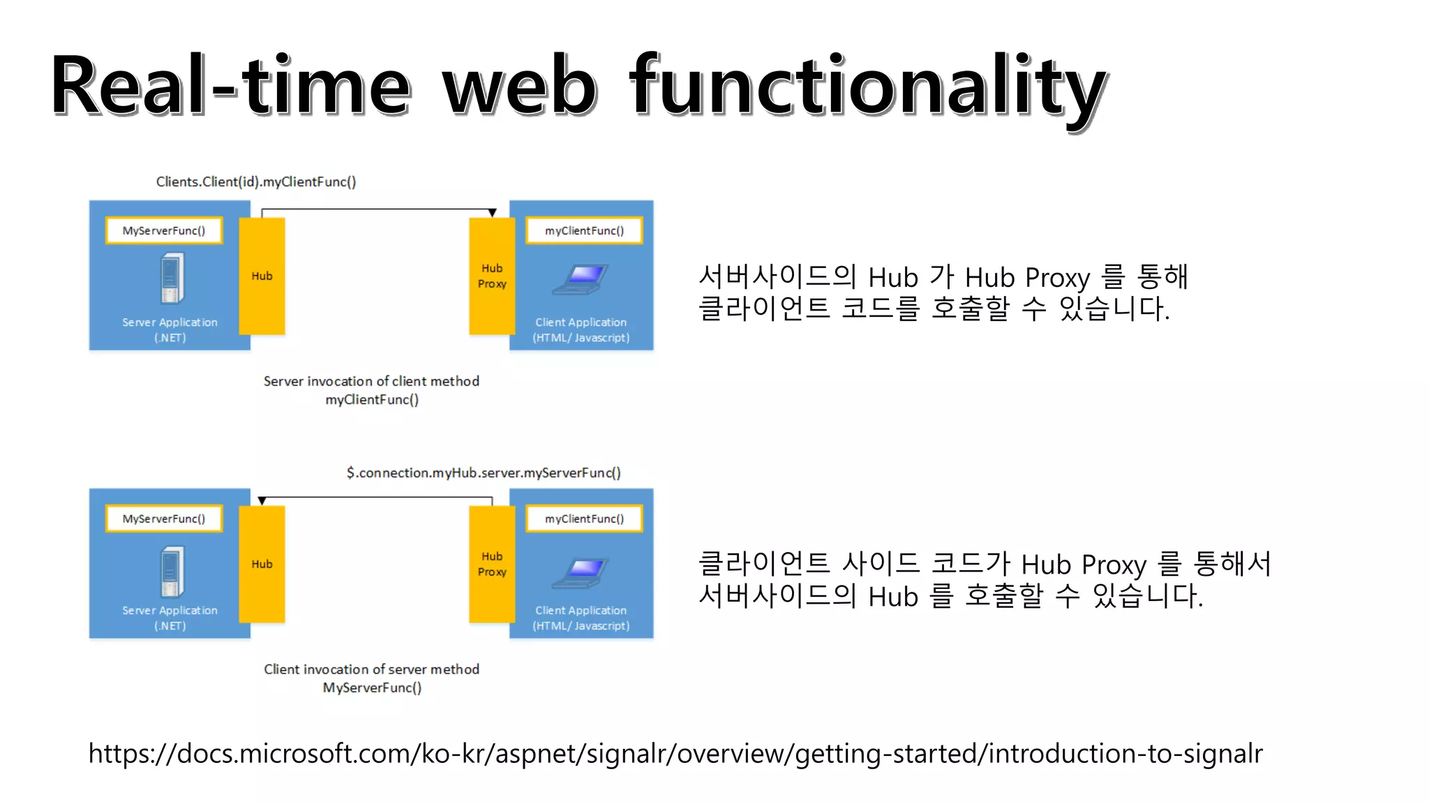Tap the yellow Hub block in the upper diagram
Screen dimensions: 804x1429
tap(262, 276)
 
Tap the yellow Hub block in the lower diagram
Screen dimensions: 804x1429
tap(262, 564)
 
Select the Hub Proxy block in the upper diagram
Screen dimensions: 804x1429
tap(492, 276)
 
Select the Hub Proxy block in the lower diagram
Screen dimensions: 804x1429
tap(492, 564)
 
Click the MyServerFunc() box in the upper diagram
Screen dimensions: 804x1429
tap(164, 230)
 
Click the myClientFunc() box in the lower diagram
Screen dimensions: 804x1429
tap(584, 519)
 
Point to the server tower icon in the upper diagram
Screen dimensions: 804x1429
tap(171, 278)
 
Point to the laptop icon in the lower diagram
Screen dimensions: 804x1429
tap(581, 572)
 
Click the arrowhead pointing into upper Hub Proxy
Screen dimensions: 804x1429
tap(492, 213)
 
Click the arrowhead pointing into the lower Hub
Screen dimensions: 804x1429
tap(262, 501)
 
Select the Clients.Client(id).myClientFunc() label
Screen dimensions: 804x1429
tap(256, 181)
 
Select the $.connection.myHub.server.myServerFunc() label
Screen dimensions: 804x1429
tap(484, 472)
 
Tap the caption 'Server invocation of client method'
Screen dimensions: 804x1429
tap(371, 381)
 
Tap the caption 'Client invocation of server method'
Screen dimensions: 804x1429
tap(371, 669)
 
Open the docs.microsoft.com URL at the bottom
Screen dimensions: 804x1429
tap(675, 754)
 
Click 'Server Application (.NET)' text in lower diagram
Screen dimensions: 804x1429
tap(170, 618)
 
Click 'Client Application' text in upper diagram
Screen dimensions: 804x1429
tap(581, 322)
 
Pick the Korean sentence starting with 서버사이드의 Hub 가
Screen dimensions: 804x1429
tap(942, 292)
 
